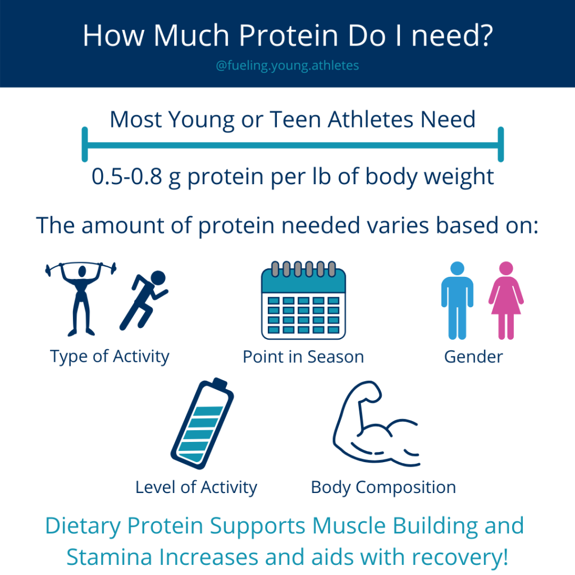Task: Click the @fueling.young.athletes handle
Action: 287,66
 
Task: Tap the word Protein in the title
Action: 289,35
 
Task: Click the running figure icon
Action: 144,300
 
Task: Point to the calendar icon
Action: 303,300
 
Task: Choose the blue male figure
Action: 457,300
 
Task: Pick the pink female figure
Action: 506,300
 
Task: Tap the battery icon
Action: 202,423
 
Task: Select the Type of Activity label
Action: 109,357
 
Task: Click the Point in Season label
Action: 303,357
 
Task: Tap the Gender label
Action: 473,357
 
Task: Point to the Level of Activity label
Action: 196,488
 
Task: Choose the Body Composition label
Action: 384,488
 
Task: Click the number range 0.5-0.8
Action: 126,176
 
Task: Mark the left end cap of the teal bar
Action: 85,144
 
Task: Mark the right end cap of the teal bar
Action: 500,144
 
